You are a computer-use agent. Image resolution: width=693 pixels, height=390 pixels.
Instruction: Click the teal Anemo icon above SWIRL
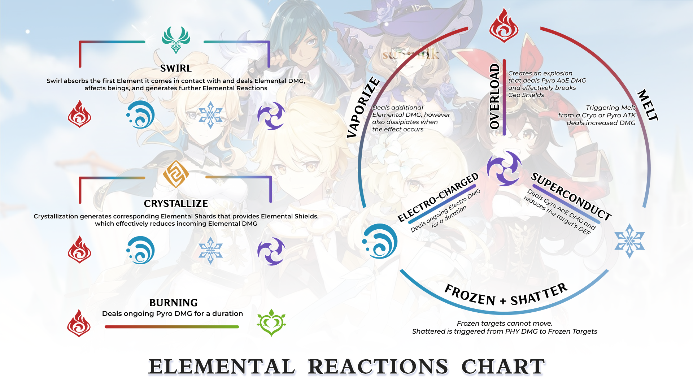(x=176, y=39)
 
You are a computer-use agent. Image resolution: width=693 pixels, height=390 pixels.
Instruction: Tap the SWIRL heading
(x=176, y=68)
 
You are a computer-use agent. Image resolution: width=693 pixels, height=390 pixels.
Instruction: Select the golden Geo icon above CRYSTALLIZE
(x=176, y=174)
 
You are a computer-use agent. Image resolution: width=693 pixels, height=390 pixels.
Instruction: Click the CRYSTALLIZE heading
(x=176, y=204)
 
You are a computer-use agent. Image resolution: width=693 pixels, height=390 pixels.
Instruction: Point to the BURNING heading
(x=173, y=303)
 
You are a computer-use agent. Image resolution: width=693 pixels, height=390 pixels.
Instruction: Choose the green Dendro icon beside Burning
(x=271, y=322)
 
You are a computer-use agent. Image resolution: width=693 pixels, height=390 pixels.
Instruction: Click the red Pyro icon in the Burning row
(x=79, y=323)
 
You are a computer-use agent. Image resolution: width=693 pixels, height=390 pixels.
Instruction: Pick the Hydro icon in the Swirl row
(x=141, y=115)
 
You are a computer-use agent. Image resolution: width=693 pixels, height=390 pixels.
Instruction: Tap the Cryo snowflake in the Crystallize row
(x=210, y=250)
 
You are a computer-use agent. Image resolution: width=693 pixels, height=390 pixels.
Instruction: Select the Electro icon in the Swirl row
(x=271, y=116)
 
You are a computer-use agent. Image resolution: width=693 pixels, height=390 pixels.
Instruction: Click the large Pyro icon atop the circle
(x=504, y=25)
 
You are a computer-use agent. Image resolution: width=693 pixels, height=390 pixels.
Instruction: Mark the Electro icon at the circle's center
(x=504, y=168)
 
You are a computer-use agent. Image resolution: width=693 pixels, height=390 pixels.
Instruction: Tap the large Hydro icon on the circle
(x=380, y=241)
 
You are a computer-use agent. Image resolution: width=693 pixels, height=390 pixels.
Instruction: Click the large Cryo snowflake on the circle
(x=629, y=241)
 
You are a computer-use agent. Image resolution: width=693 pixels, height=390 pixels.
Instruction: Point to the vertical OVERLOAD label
(x=494, y=96)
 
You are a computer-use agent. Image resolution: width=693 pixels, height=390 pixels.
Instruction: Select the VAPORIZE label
(x=363, y=107)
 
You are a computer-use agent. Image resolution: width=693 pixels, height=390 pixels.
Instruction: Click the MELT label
(x=648, y=105)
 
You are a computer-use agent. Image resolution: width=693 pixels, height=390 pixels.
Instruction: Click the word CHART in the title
(x=503, y=367)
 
